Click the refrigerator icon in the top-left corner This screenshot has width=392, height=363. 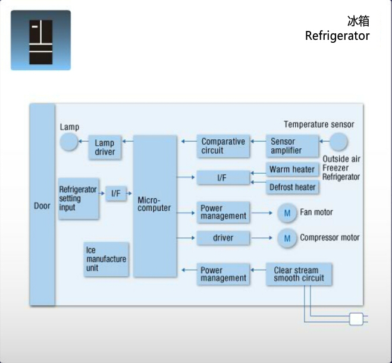40,40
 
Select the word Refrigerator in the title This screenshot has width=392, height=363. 337,36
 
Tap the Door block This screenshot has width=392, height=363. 42,206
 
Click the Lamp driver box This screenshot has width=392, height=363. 105,148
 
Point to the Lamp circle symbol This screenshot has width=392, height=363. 70,142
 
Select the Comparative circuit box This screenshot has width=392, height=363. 223,146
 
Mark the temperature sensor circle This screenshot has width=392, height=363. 338,142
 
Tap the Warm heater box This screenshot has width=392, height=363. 291,170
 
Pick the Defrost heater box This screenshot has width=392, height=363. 291,187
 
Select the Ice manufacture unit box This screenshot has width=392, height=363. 106,259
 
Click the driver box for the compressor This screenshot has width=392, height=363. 223,238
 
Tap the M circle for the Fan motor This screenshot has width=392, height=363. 287,212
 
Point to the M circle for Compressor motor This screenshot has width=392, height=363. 287,238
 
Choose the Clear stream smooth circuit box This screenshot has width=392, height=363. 299,274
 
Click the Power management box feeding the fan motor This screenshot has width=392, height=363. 223,212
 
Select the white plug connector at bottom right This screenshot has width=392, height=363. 356,319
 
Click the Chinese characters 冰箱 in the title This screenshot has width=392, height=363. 358,21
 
